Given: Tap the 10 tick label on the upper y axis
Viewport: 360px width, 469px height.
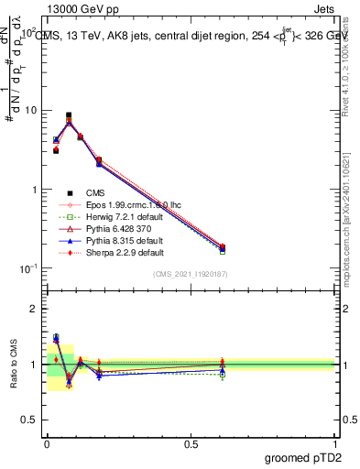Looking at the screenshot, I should pyautogui.click(x=29, y=111).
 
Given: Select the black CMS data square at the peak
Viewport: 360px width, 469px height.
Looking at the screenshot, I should pyautogui.click(x=69, y=115).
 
